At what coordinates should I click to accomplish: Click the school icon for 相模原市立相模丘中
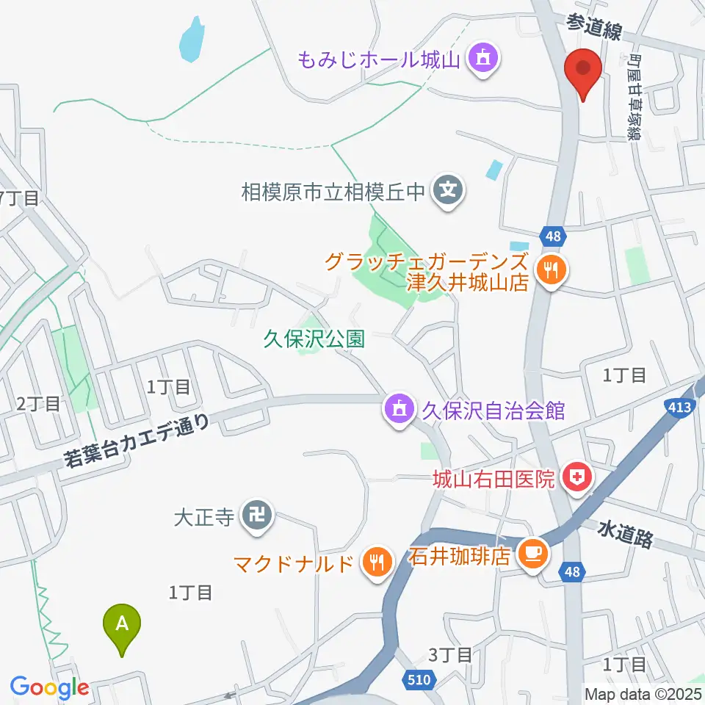(x=447, y=192)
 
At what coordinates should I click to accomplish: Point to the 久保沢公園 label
(x=315, y=339)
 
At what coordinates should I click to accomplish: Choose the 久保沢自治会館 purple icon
(x=399, y=409)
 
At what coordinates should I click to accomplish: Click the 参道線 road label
(x=593, y=29)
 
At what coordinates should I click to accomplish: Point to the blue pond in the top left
(x=191, y=40)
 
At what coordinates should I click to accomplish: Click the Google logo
(x=49, y=688)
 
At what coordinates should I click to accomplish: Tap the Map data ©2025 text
(x=643, y=693)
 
